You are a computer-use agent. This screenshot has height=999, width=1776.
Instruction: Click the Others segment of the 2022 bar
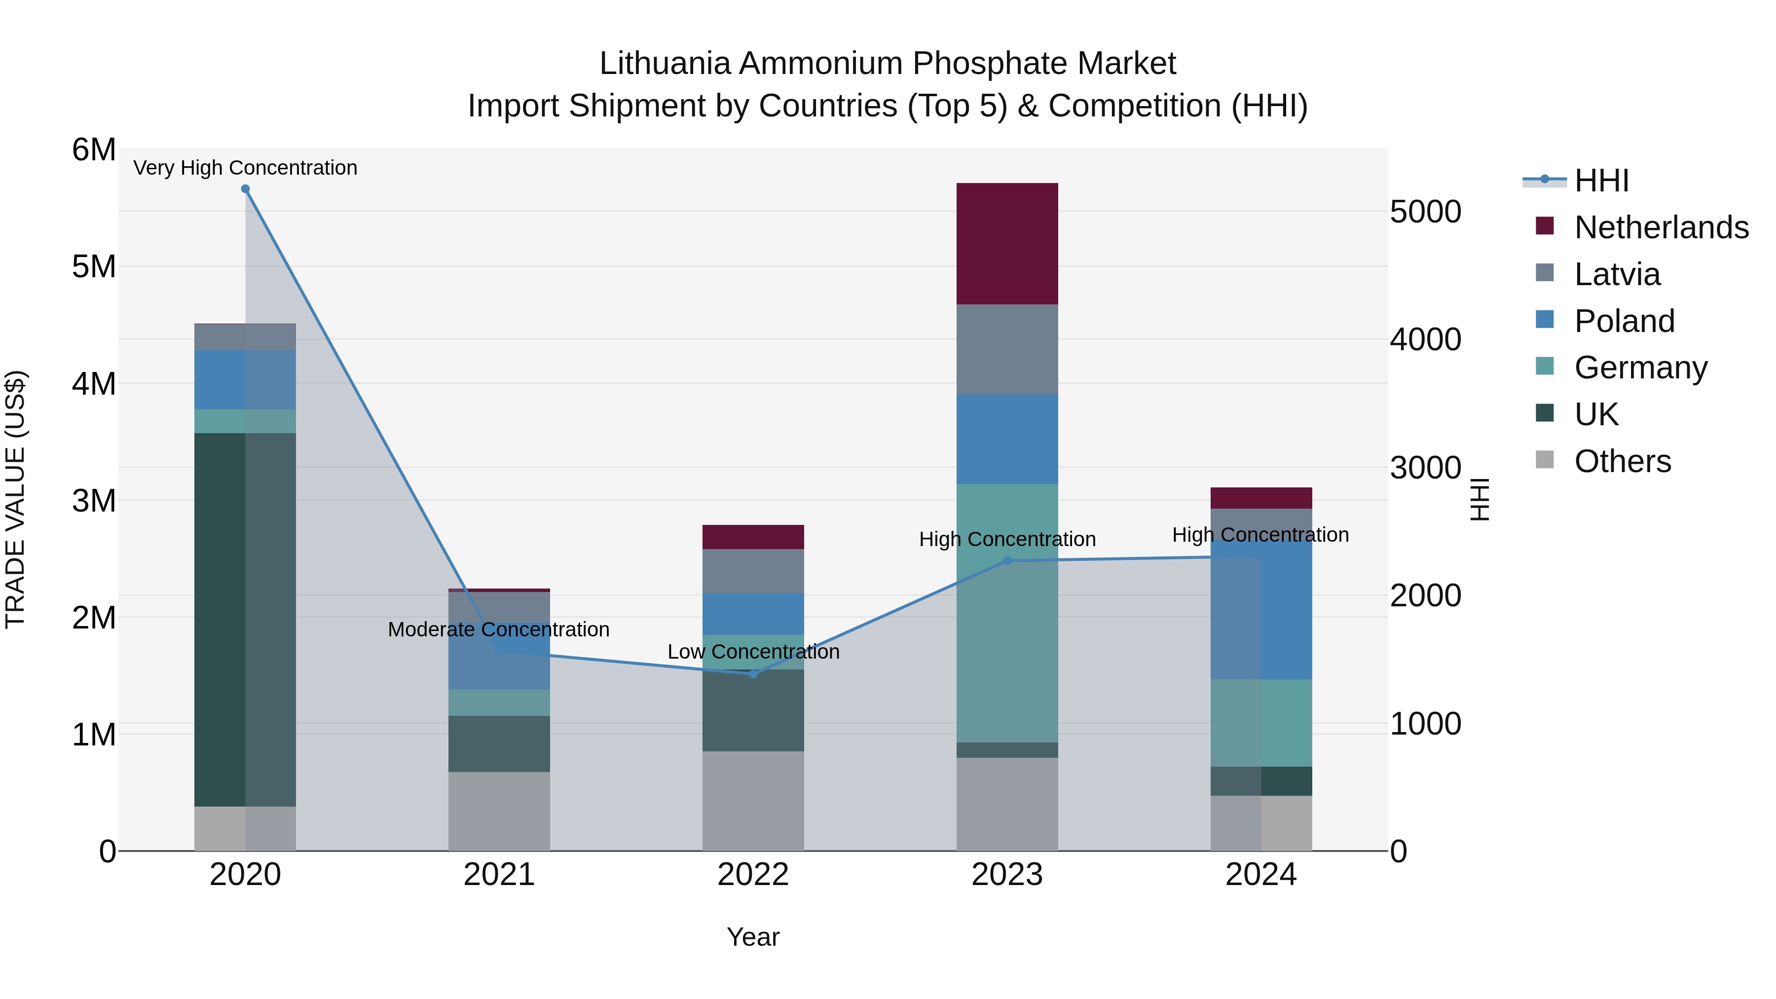[x=753, y=801]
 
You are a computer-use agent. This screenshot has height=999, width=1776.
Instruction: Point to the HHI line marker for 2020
[x=246, y=189]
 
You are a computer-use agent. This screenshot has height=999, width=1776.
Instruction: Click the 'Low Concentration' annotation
[x=753, y=652]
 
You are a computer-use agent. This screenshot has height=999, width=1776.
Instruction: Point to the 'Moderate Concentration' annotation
[x=498, y=629]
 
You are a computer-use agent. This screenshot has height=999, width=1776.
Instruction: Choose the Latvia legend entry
[x=1617, y=274]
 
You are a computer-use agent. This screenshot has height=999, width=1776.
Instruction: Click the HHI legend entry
[x=1601, y=180]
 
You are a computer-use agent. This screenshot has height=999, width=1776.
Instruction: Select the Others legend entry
[x=1622, y=461]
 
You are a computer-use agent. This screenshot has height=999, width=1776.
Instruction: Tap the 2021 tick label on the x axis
[x=498, y=875]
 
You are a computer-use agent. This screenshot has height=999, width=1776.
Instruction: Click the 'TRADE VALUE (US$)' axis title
[x=15, y=499]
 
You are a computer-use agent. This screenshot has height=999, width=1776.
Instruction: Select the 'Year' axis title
[x=753, y=937]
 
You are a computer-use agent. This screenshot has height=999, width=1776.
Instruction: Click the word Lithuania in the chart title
[x=664, y=64]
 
